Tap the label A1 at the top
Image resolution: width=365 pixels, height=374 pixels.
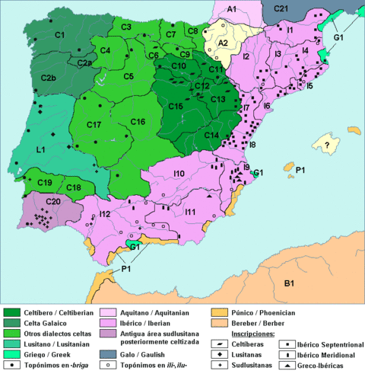pyautogui.click(x=232, y=8)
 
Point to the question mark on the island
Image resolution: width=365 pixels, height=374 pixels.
pyautogui.click(x=328, y=145)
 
